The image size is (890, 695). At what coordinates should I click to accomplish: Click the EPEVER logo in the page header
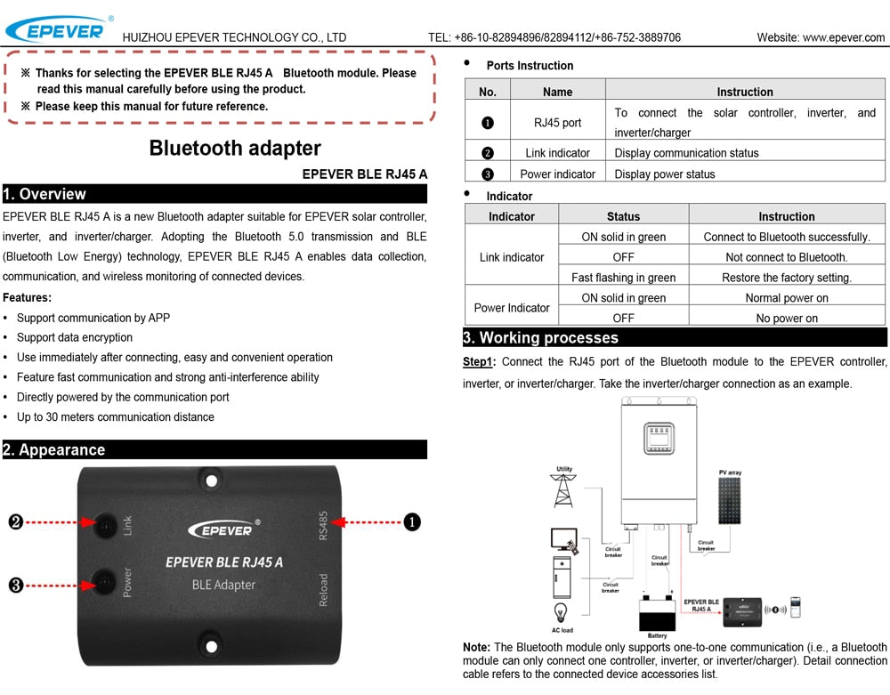[x=55, y=28]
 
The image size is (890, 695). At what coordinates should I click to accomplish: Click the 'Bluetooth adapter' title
[x=235, y=148]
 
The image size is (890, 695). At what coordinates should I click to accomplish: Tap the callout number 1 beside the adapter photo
[x=412, y=522]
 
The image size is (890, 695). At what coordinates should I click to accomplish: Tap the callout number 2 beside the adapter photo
[x=15, y=522]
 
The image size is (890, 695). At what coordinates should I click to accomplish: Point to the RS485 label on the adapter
[x=323, y=524]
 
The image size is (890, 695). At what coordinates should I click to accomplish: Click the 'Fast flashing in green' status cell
[x=623, y=278]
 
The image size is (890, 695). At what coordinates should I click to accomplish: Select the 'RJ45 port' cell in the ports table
[x=557, y=123]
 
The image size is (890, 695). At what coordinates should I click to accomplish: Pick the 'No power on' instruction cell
[x=787, y=319]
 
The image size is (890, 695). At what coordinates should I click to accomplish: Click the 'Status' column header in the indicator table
[x=623, y=216]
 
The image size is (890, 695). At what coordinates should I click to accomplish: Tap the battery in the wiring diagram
[x=658, y=613]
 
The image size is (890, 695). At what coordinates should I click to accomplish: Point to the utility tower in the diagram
[x=563, y=490]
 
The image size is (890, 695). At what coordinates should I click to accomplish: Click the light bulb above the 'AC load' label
[x=562, y=613]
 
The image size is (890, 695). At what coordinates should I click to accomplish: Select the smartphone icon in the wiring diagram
[x=796, y=608]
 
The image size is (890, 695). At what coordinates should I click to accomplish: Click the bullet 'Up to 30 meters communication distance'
[x=116, y=417]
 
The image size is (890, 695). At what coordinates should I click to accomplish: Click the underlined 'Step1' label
[x=478, y=362]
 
